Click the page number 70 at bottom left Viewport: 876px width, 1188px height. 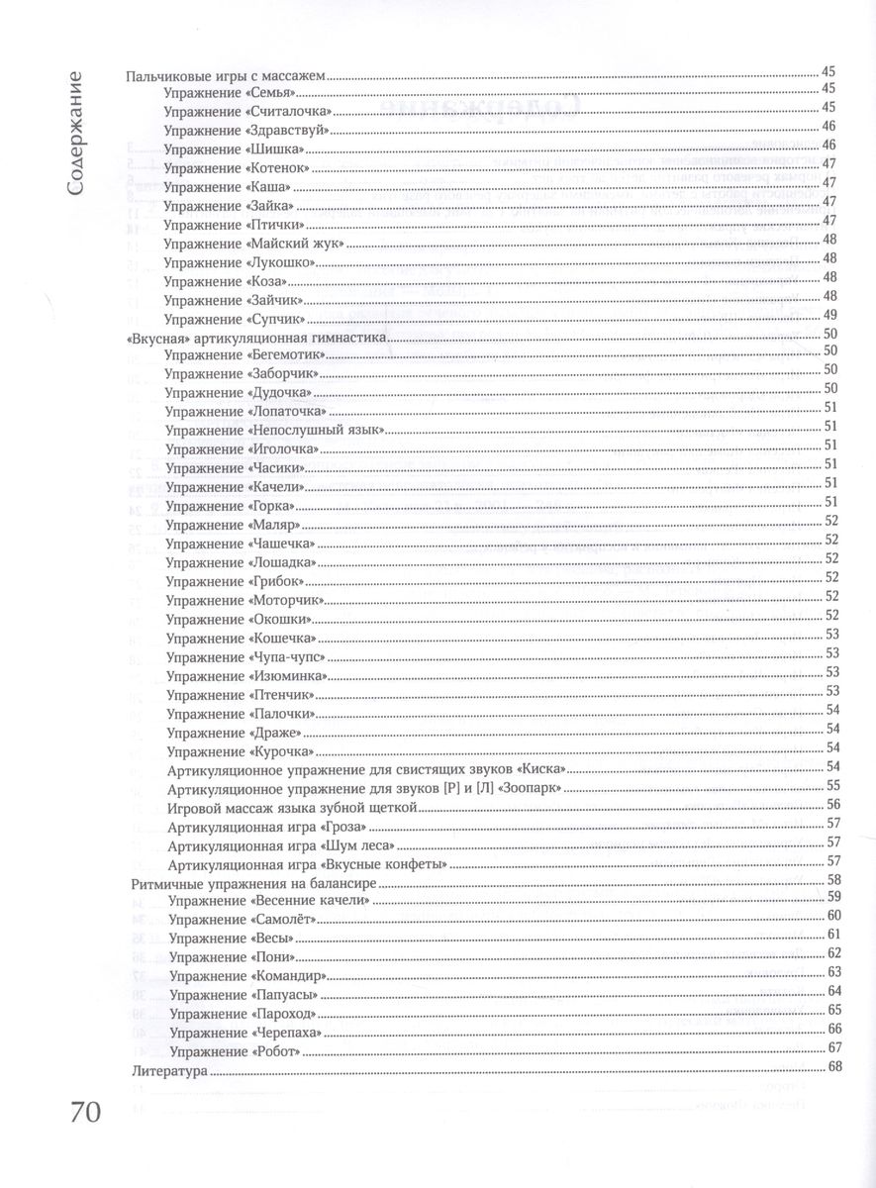(x=86, y=1113)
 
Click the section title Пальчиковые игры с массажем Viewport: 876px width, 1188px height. (x=229, y=72)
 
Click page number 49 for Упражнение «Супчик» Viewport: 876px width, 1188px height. (x=830, y=315)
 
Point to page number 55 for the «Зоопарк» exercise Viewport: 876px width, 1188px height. (x=831, y=785)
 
